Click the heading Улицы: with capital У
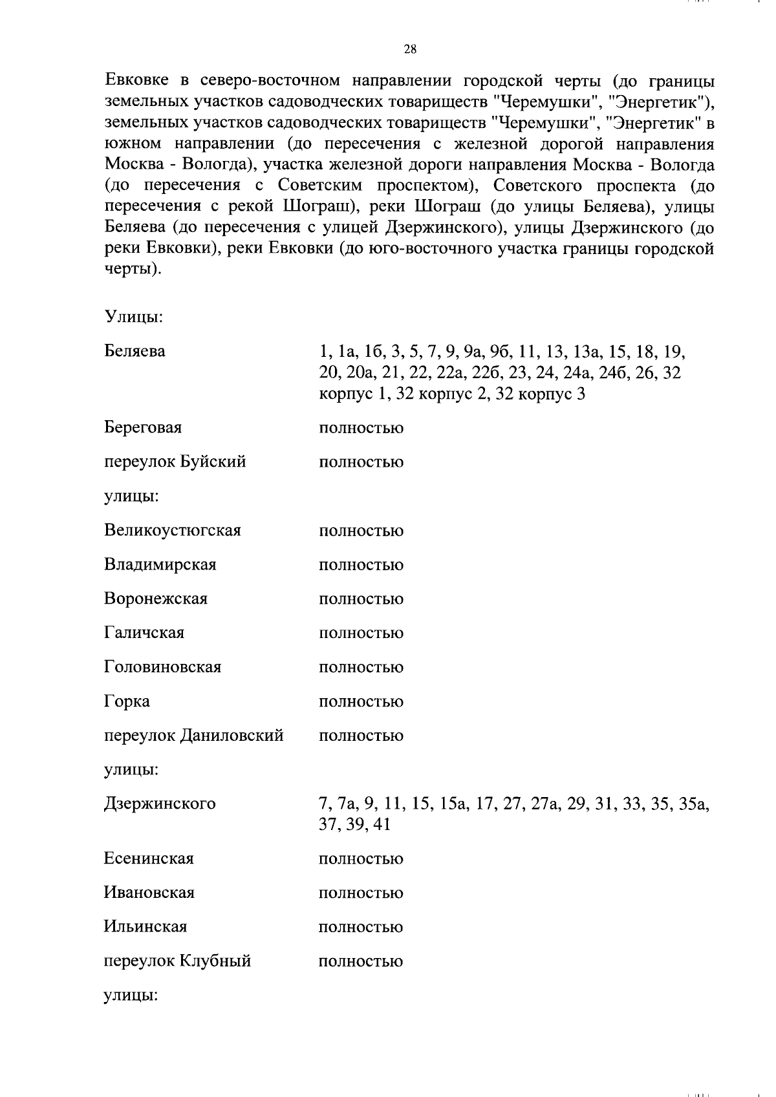pyautogui.click(x=133, y=317)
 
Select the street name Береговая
pyautogui.click(x=143, y=427)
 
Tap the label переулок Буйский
pyautogui.click(x=175, y=462)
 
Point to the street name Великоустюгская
pyautogui.click(x=172, y=531)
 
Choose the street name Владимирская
pyautogui.click(x=160, y=564)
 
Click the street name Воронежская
pyautogui.click(x=156, y=599)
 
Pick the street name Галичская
pyautogui.click(x=144, y=633)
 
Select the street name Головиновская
pyautogui.click(x=162, y=667)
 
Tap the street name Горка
pyautogui.click(x=127, y=701)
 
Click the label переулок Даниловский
pyautogui.click(x=193, y=736)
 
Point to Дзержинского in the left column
pyautogui.click(x=159, y=804)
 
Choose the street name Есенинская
pyautogui.click(x=149, y=858)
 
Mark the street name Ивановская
pyautogui.click(x=149, y=893)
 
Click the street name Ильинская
pyautogui.click(x=145, y=927)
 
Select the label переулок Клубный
pyautogui.click(x=177, y=961)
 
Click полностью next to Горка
pyautogui.click(x=361, y=702)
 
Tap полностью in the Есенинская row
pyautogui.click(x=361, y=859)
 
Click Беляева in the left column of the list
pyautogui.click(x=135, y=352)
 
